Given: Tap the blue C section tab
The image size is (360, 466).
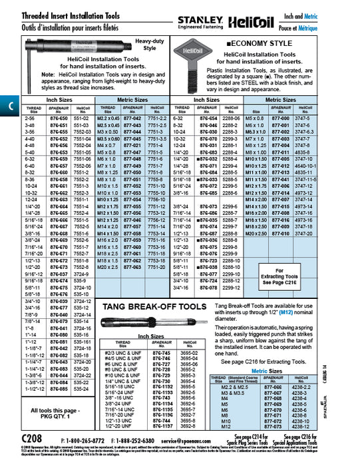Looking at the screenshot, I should pos(7,105).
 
